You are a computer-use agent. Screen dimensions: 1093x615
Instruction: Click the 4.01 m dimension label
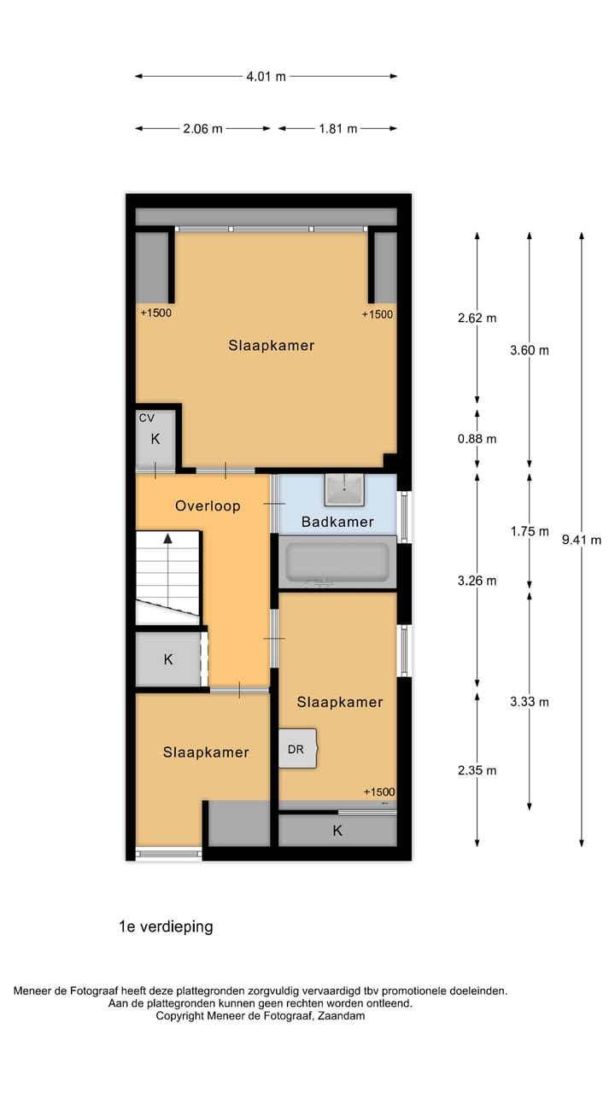[x=266, y=77]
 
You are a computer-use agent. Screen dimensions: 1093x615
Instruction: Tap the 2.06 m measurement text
[x=202, y=129]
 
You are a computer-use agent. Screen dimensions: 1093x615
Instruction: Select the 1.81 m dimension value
[x=338, y=129]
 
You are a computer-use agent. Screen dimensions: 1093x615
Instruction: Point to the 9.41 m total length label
[x=582, y=540]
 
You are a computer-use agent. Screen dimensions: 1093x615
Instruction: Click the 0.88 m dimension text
[x=477, y=439]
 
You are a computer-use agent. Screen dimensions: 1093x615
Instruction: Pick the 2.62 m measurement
[x=477, y=318]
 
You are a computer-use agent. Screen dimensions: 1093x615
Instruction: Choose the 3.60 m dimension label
[x=529, y=350]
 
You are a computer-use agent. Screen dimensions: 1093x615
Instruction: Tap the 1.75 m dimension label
[x=529, y=531]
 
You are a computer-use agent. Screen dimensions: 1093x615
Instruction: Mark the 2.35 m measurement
[x=477, y=770]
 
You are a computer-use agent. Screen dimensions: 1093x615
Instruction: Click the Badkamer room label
[x=337, y=522]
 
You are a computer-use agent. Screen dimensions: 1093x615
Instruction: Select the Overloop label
[x=208, y=506]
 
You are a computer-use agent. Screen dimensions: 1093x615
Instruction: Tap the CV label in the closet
[x=146, y=418]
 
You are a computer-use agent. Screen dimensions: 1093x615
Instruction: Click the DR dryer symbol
[x=296, y=750]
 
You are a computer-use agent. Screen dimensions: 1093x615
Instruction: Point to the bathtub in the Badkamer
[x=337, y=562]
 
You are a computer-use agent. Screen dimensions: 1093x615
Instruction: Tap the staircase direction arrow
[x=168, y=540]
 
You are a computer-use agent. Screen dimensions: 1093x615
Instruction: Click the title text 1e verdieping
[x=166, y=926]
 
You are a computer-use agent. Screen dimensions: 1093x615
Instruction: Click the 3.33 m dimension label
[x=529, y=702]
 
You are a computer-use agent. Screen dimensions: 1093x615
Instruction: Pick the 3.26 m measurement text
[x=477, y=581]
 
